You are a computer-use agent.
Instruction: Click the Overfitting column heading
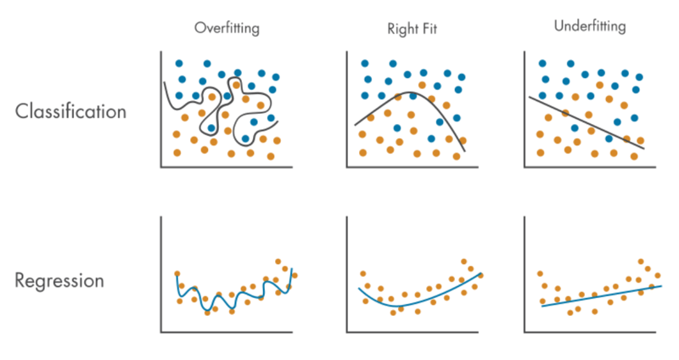pos(227,28)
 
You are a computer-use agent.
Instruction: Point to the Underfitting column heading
pos(589,26)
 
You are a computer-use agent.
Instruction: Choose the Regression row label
pos(59,280)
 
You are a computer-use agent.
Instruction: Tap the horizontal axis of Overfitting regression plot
pos(229,331)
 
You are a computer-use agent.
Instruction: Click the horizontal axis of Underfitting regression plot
pos(594,331)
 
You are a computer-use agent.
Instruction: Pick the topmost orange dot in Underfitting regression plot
pos(640,262)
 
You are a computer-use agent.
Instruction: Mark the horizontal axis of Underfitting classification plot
pos(594,167)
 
